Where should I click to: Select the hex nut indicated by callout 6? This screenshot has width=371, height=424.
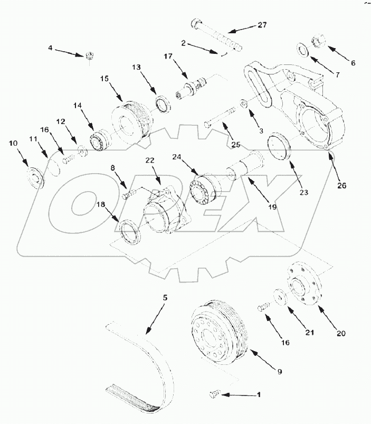pyautogui.click(x=320, y=40)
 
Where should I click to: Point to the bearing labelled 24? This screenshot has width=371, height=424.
pyautogui.click(x=203, y=189)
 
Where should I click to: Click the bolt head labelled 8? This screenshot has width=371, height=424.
pyautogui.click(x=126, y=196)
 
